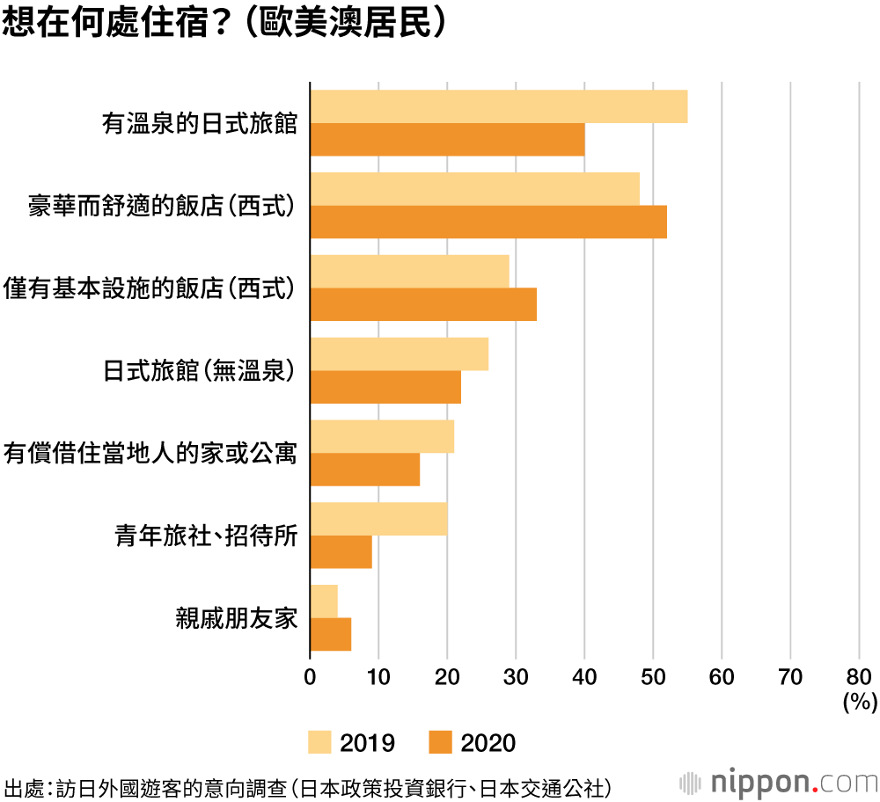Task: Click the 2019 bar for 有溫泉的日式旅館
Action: pos(498,106)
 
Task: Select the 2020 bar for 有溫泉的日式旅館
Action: pos(447,140)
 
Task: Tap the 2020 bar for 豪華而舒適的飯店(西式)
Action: pos(488,222)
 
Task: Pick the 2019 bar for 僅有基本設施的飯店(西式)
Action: pos(409,271)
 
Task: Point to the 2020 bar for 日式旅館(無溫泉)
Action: pos(385,387)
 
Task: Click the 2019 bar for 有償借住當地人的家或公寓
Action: pos(382,436)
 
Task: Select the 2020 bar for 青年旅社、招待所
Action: pos(341,552)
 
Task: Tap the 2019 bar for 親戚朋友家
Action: pos(324,601)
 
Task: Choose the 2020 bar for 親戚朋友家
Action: pos(331,634)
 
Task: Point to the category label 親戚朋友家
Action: pos(238,618)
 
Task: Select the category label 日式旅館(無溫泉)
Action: pos(199,370)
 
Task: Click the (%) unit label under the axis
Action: pos(858,701)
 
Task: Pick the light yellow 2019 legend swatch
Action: pos(319,742)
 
